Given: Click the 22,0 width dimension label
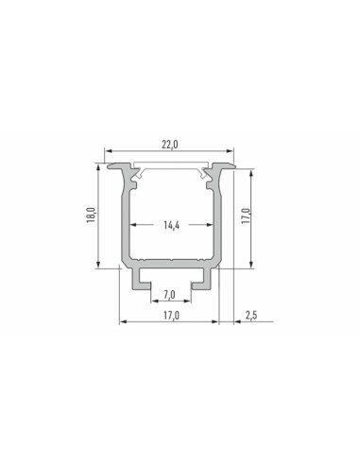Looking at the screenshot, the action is point(170,145).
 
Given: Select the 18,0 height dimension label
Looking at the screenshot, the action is point(91,215).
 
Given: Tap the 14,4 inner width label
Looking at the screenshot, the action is point(172,225).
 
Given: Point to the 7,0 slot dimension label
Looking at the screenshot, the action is point(169,295).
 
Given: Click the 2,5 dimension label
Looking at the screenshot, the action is point(251,315).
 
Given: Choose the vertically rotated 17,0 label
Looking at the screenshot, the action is point(246,215).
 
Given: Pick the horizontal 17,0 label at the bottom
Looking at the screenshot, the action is point(171,316).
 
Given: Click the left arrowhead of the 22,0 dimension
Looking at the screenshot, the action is point(108,151).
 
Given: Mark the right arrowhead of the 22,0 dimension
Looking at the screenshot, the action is point(231,151).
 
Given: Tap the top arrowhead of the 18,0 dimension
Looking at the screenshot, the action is point(98,167).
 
